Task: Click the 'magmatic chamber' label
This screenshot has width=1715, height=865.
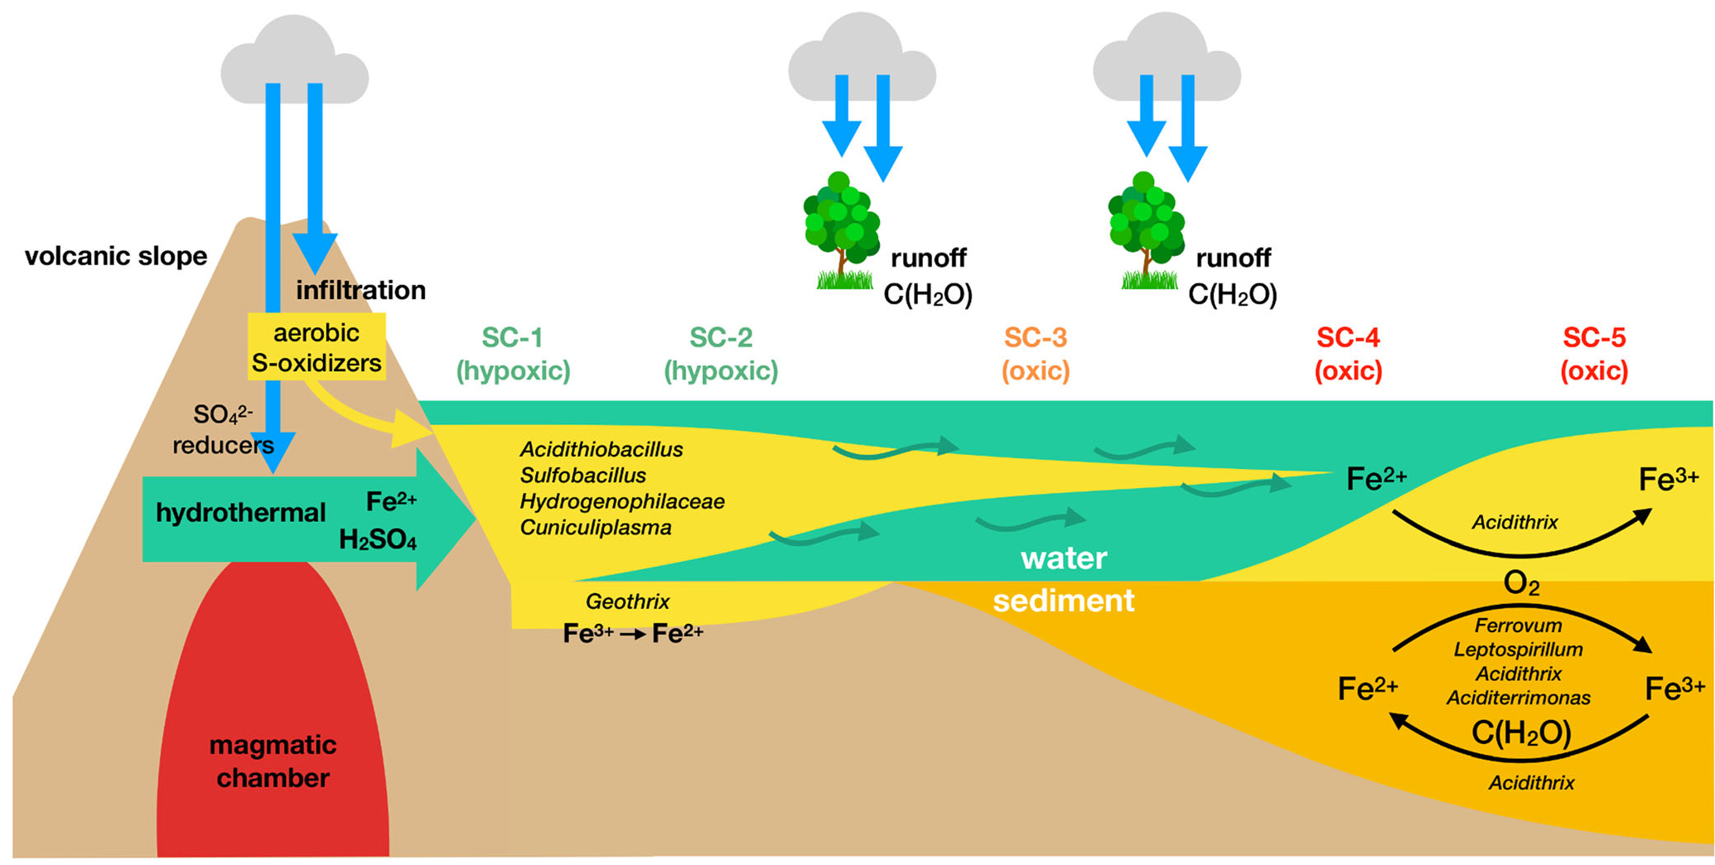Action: click(273, 761)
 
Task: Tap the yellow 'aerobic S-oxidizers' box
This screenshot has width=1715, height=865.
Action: click(316, 347)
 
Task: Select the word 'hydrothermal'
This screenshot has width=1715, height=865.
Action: click(240, 513)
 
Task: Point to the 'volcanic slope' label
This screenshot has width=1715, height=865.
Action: click(116, 256)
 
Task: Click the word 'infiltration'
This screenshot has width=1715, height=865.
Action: click(360, 290)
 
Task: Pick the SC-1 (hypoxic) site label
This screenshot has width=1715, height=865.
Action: click(513, 354)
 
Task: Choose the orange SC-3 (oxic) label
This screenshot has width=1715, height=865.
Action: click(1036, 354)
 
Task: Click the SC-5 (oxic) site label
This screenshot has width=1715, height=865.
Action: click(1594, 354)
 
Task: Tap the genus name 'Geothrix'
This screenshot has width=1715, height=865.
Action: click(627, 602)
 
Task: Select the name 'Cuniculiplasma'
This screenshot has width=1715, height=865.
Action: click(596, 528)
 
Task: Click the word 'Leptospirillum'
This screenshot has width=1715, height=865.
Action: click(1518, 650)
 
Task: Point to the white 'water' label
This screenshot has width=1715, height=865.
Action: click(1064, 558)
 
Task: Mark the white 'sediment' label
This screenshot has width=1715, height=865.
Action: click(1064, 601)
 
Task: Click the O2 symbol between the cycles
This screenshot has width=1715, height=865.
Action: click(1521, 584)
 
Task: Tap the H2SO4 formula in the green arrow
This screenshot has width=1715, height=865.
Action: click(377, 541)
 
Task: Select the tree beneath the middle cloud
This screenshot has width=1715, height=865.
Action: click(841, 228)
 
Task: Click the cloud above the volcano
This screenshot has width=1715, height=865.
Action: click(294, 62)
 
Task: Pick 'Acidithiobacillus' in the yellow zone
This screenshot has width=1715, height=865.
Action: click(601, 450)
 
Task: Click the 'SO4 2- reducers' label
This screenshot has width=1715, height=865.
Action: click(223, 429)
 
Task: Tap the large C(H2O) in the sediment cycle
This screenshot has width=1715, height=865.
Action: click(1521, 732)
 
